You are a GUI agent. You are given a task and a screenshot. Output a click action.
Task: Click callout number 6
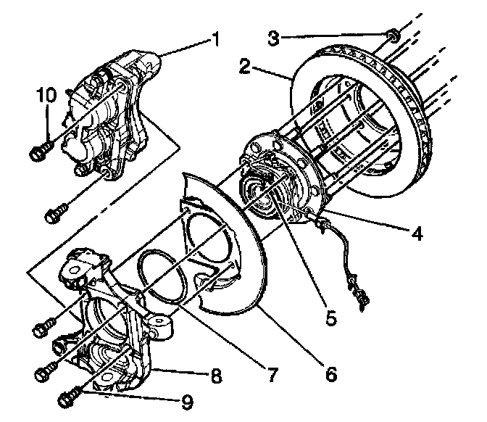point(330,374)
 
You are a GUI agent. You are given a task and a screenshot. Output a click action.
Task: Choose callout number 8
point(215,378)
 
